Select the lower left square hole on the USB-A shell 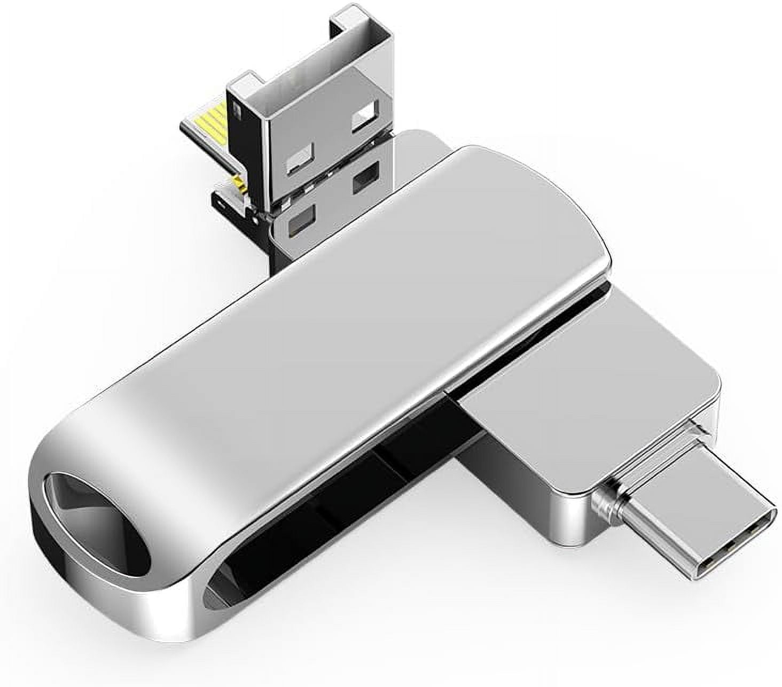(x=300, y=160)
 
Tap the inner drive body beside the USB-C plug (x=588, y=417)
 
